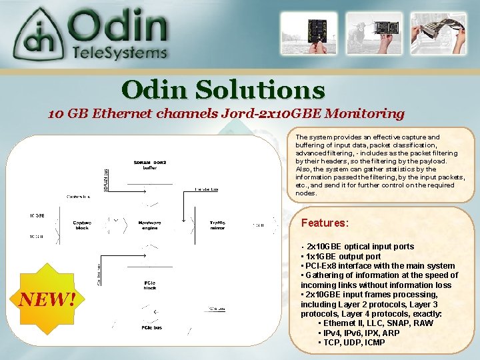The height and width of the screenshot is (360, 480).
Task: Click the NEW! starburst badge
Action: coord(46,300)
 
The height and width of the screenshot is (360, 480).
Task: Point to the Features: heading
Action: coord(325,223)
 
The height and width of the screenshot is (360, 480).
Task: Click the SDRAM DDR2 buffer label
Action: coord(150,165)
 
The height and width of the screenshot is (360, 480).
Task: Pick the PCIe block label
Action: coord(150,286)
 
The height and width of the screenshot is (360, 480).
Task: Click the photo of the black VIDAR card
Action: coord(304,33)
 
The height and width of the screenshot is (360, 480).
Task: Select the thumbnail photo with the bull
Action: coord(364,33)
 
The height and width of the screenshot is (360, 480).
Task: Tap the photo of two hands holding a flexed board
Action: coord(438,33)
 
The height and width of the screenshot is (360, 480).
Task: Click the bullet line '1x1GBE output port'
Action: coord(341,256)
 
